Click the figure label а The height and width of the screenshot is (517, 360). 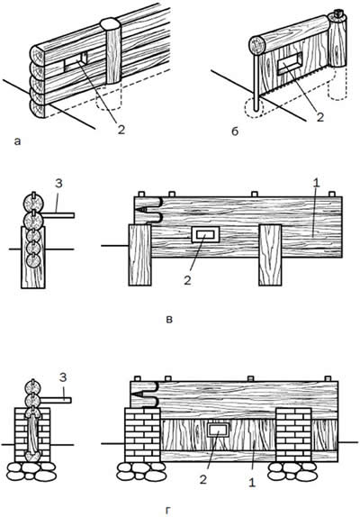(17, 141)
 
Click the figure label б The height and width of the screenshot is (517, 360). (235, 132)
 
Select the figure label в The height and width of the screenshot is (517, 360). (169, 320)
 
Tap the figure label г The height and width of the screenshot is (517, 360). (168, 512)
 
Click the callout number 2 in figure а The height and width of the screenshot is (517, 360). (121, 130)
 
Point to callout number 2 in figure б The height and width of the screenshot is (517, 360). (320, 117)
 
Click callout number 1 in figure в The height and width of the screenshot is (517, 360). (316, 184)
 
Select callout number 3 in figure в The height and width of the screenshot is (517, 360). (58, 184)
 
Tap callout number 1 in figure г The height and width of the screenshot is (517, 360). (251, 483)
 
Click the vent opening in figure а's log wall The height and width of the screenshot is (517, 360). (76, 61)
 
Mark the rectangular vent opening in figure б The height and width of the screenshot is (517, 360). (290, 63)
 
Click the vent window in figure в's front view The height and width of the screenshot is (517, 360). (205, 234)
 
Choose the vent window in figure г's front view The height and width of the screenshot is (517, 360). (217, 430)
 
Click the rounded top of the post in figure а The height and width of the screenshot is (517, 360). (111, 24)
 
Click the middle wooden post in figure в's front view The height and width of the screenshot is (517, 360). (270, 255)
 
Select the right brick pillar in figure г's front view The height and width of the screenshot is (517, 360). (293, 434)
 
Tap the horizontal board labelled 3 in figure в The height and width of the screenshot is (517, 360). (58, 215)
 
